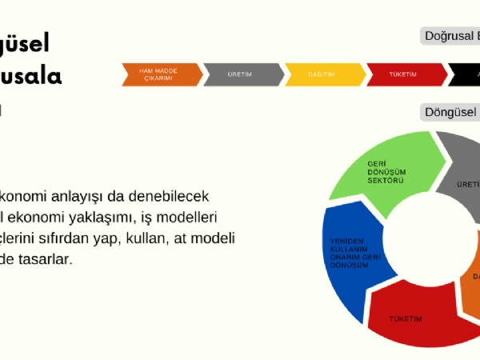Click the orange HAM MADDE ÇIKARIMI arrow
tap(161, 74)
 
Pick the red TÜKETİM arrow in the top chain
tap(405, 74)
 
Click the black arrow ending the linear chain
tap(466, 74)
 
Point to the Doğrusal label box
tap(450, 36)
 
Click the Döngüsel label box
tap(450, 113)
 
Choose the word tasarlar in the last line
tap(45, 258)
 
